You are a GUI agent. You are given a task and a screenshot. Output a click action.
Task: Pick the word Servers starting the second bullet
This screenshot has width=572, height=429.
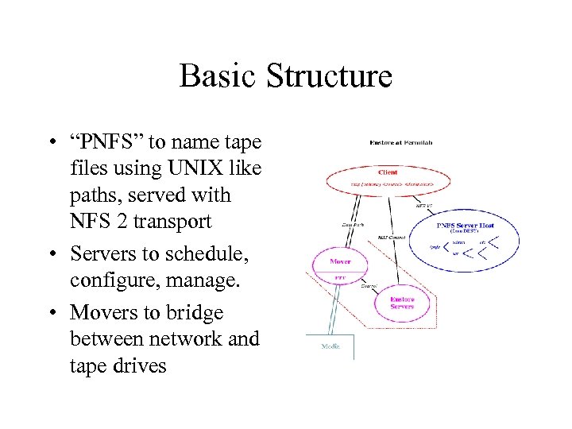(100, 254)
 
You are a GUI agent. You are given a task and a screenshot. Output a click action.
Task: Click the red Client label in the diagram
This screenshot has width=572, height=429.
(388, 171)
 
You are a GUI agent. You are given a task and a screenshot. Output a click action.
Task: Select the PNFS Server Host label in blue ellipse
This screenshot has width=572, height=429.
(466, 225)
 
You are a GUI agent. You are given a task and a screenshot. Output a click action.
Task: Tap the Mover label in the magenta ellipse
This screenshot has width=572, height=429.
(340, 261)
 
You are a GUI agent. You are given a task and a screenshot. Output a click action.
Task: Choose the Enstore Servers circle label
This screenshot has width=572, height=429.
(402, 303)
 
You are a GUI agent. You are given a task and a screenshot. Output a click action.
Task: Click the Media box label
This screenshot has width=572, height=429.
(330, 346)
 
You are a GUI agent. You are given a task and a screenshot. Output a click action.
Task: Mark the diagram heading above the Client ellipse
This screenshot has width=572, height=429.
(401, 143)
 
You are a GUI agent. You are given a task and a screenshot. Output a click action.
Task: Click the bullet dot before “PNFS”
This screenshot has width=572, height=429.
(50, 143)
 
